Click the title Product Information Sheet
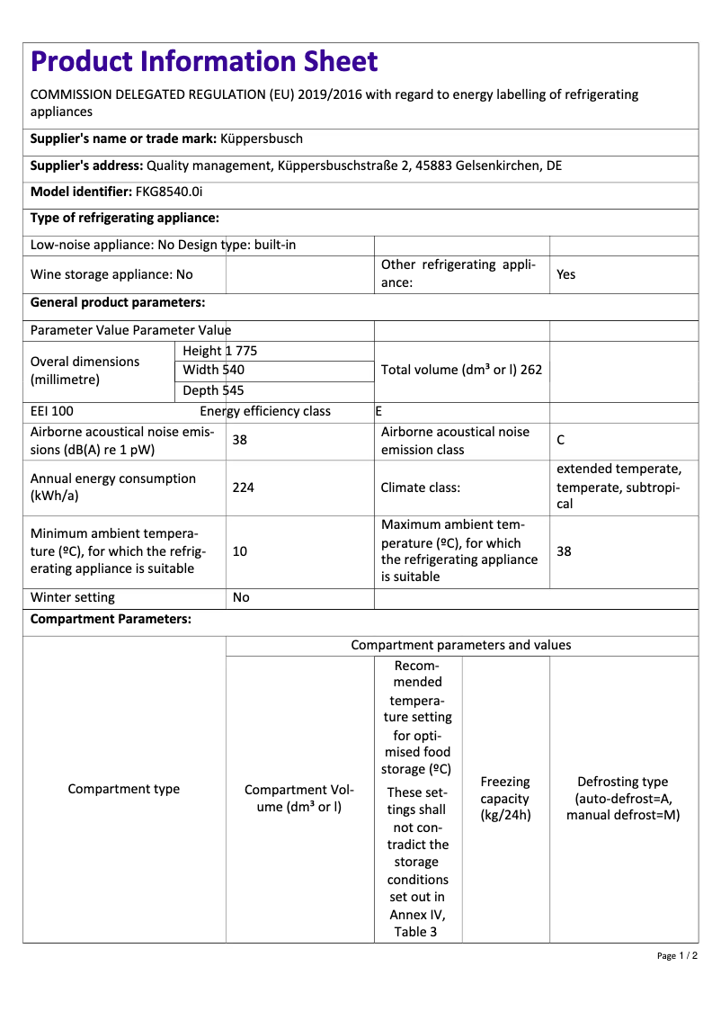coord(204,61)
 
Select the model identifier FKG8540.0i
coord(169,192)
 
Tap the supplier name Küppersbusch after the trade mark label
coord(262,139)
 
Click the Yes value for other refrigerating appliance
coord(565,274)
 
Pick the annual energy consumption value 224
coord(243,488)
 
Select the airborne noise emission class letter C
coord(561,440)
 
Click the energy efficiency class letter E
coord(378,411)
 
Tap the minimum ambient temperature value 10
coord(240,551)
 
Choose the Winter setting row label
coord(73,597)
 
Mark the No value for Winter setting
coord(241,597)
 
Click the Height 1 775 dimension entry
coord(219,351)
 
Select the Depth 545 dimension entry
coord(213,390)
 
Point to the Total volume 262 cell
coord(461,370)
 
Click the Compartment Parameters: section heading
coord(111,620)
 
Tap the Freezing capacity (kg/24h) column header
coord(505,799)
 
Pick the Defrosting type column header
coord(623,799)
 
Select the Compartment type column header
coord(124,789)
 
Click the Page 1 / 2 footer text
coord(677,955)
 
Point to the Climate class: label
coord(421,488)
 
